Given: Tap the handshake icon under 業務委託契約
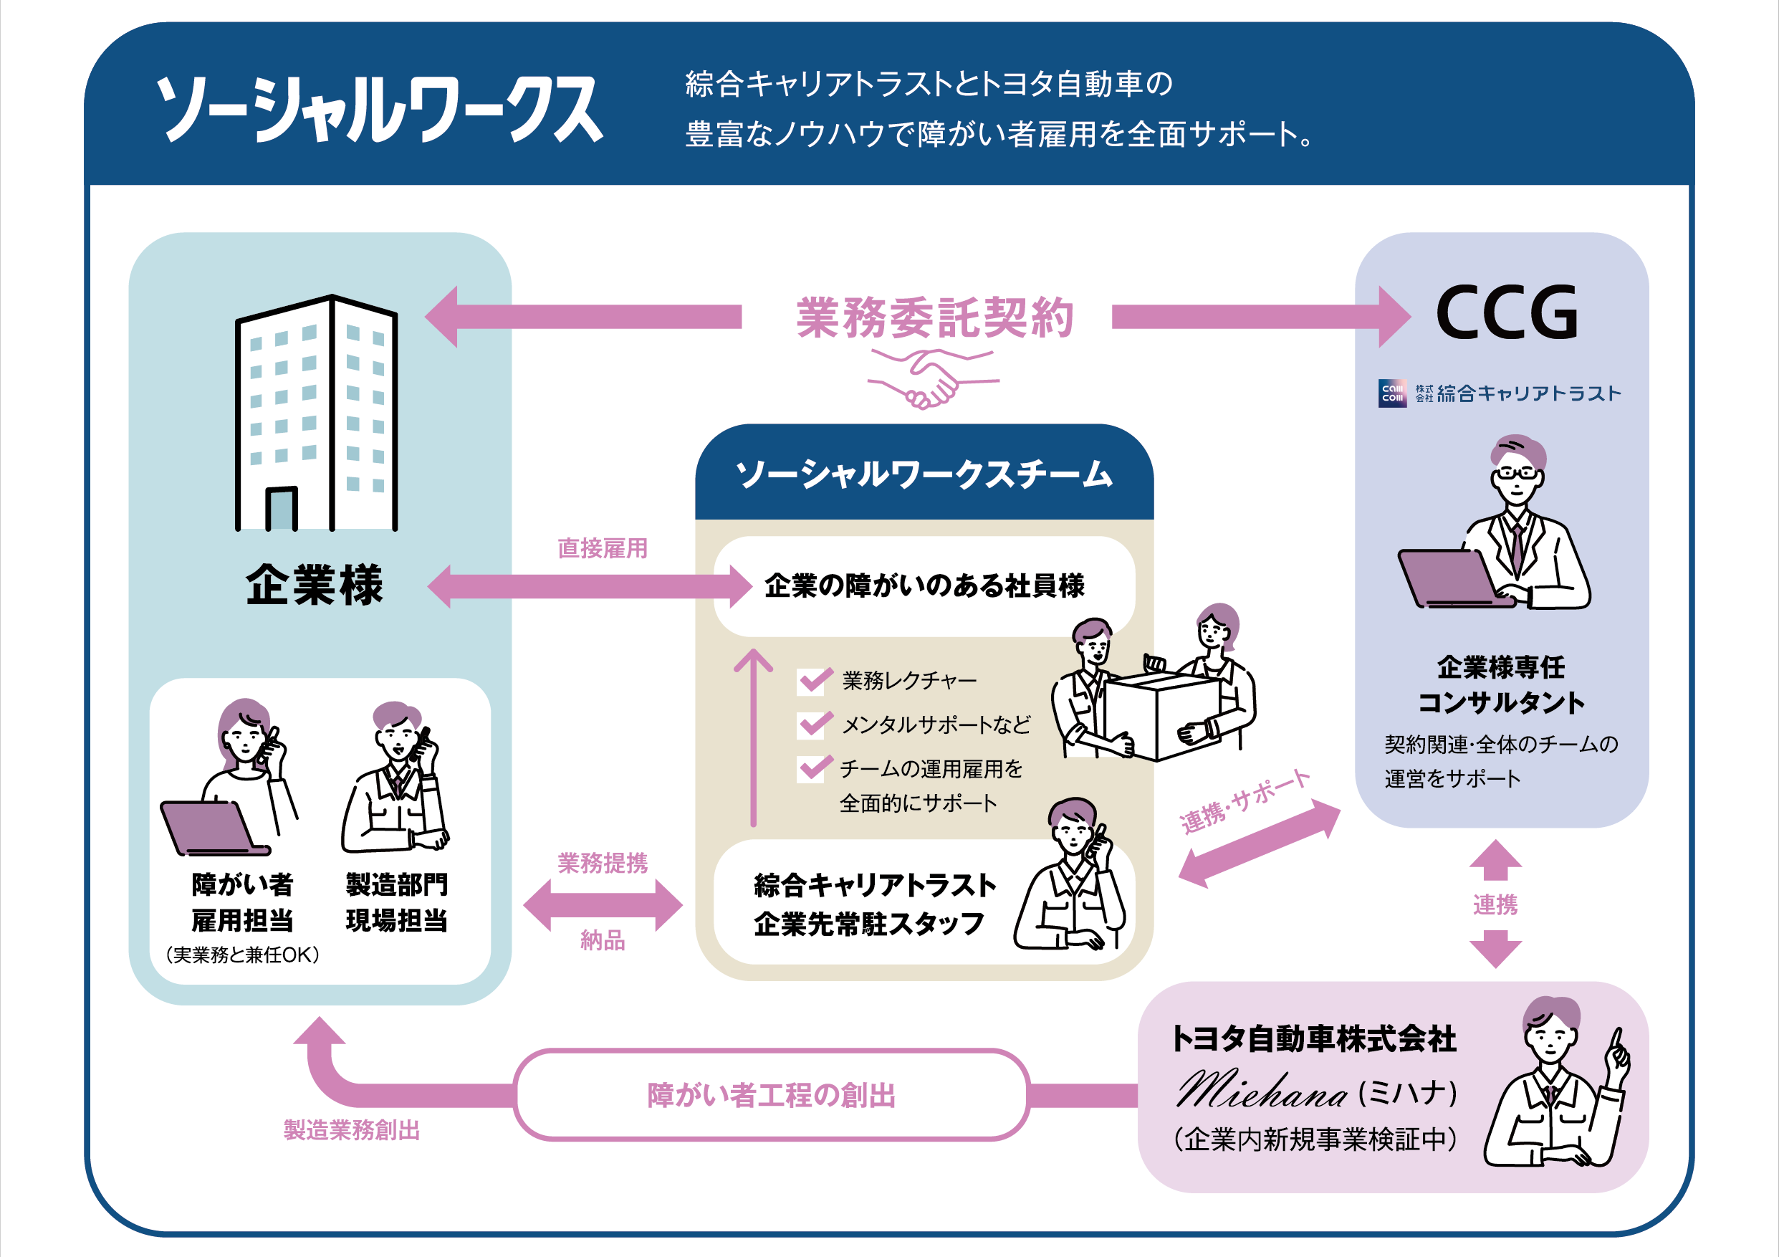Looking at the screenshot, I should click(933, 378).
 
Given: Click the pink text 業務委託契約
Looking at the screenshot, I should click(934, 317).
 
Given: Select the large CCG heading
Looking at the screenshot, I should click(1505, 312).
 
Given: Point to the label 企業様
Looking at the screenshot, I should click(314, 584).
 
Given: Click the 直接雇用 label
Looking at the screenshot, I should click(602, 549).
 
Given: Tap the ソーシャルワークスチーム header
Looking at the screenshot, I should click(924, 474).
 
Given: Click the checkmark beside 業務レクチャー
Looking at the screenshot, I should click(814, 680).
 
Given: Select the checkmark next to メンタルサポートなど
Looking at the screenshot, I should click(814, 724).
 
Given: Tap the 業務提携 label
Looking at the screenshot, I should click(602, 863).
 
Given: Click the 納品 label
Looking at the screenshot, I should click(602, 940).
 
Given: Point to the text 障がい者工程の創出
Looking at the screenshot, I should click(771, 1095).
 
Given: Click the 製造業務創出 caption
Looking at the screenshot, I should click(351, 1130).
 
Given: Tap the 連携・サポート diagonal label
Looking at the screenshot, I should click(1245, 801).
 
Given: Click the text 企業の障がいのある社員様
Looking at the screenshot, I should click(924, 586).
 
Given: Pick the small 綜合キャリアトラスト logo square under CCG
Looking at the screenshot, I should click(1392, 393).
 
